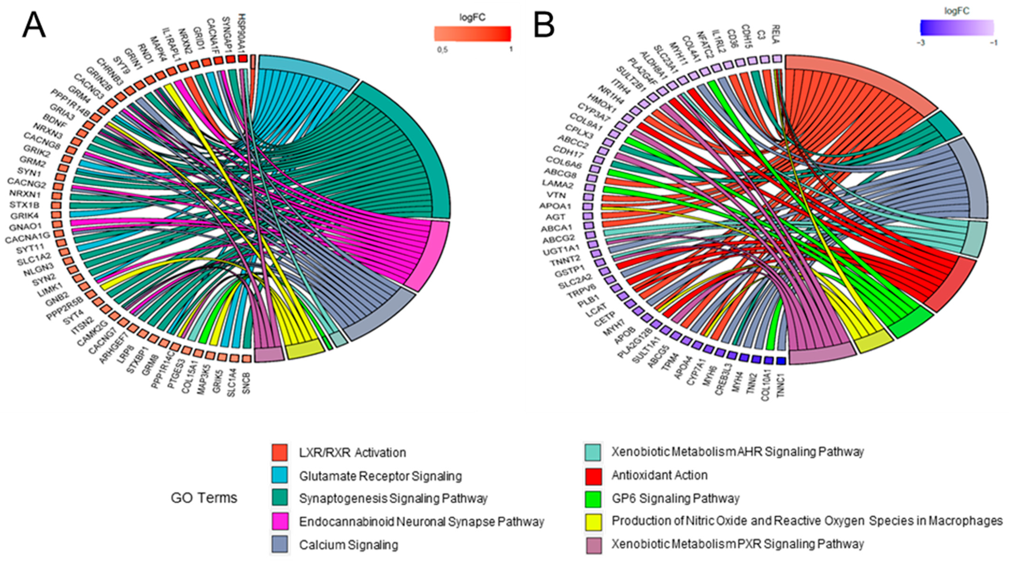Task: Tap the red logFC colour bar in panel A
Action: (x=472, y=34)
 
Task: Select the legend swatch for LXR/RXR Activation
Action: (x=280, y=452)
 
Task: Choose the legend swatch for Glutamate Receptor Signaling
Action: (x=280, y=476)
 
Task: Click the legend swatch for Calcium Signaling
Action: (x=280, y=544)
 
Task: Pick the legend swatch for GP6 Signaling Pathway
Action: (x=593, y=499)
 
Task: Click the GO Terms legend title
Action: (x=204, y=498)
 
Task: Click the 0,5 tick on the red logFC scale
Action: (x=443, y=50)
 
